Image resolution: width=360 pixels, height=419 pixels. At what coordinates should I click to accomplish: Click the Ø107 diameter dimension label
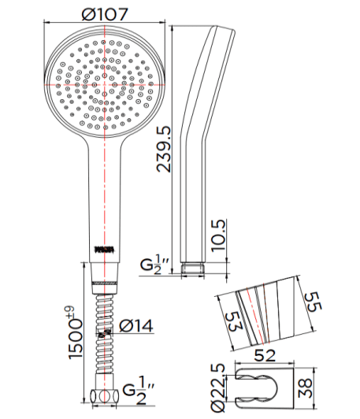(x=103, y=13)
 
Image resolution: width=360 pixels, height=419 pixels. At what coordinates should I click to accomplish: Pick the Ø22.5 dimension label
(x=221, y=385)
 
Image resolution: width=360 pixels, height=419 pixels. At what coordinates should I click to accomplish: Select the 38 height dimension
(x=310, y=387)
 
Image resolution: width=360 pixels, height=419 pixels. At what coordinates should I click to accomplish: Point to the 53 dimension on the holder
(x=229, y=320)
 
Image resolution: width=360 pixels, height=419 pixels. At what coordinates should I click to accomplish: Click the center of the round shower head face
(x=103, y=83)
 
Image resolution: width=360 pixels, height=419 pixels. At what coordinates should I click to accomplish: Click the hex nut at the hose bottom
(x=103, y=397)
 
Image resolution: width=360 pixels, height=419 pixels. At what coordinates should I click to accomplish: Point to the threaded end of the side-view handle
(x=194, y=268)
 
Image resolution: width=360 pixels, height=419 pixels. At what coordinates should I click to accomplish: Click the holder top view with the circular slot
(x=265, y=387)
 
